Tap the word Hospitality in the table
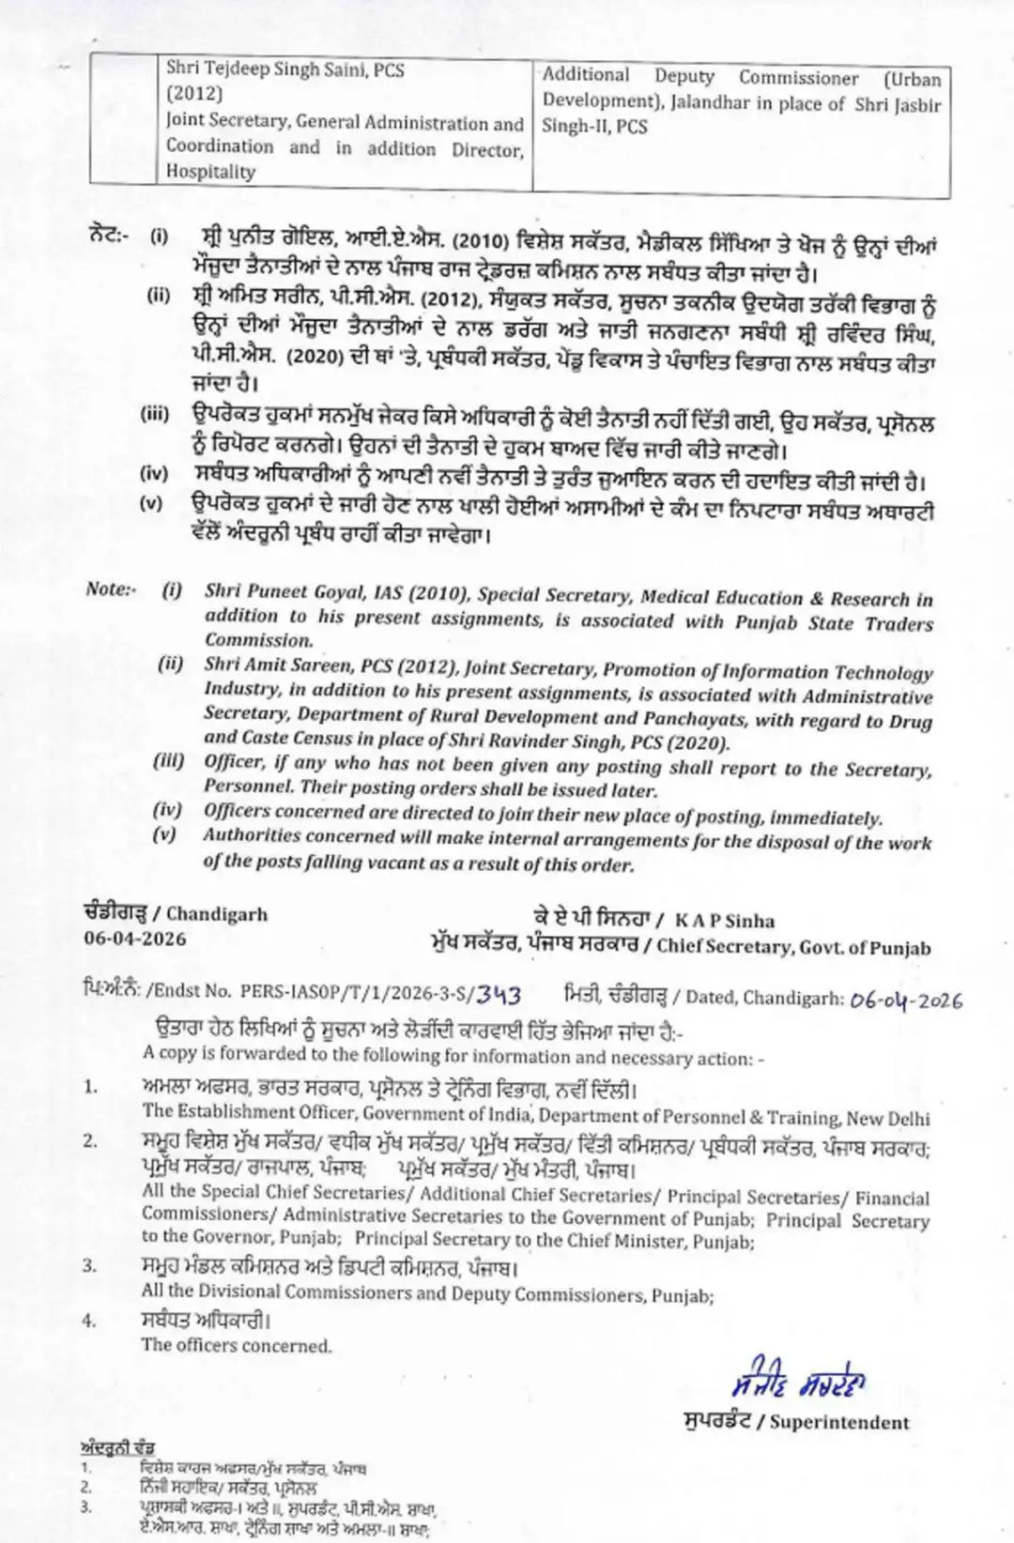tap(210, 172)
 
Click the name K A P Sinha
tap(724, 921)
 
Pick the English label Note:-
tap(111, 588)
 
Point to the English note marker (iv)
tap(167, 810)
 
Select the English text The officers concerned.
tap(237, 1345)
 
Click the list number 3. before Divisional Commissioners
tap(90, 1265)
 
